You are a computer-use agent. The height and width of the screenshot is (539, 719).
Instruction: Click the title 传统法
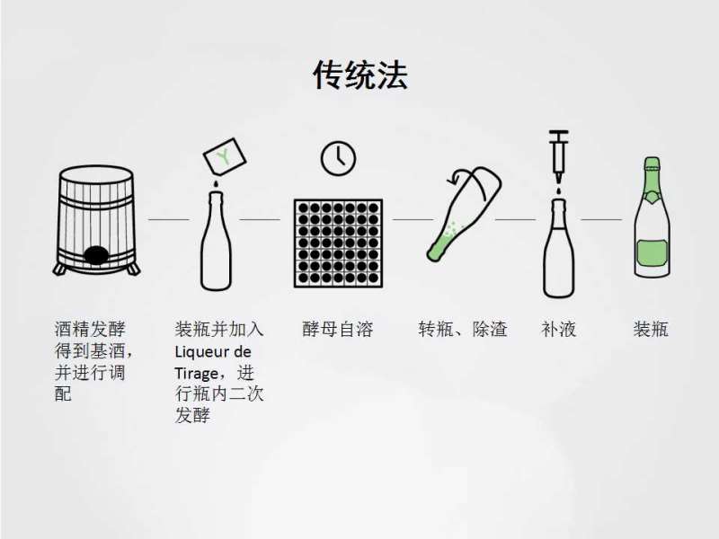pyautogui.click(x=359, y=75)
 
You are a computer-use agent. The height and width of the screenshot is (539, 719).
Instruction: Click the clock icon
pyautogui.click(x=338, y=158)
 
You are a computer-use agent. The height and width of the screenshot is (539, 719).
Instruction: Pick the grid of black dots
pyautogui.click(x=338, y=243)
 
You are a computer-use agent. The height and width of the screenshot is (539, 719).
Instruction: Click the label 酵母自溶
pyautogui.click(x=338, y=329)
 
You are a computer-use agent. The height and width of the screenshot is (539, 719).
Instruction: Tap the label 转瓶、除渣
pyautogui.click(x=462, y=329)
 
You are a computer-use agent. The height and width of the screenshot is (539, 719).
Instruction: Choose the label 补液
pyautogui.click(x=558, y=329)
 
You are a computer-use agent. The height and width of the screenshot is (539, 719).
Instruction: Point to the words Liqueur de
pyautogui.click(x=213, y=351)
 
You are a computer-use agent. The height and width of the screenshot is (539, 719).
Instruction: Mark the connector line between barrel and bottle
pyautogui.click(x=168, y=218)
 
